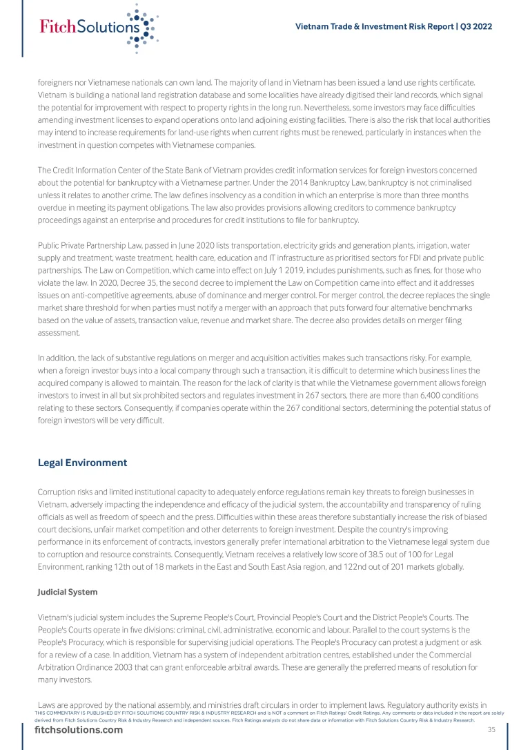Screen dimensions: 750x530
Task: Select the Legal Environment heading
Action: (x=83, y=463)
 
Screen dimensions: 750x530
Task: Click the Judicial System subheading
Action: (x=67, y=592)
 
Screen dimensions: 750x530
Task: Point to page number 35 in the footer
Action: (x=491, y=730)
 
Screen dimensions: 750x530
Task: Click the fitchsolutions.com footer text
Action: (x=79, y=731)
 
